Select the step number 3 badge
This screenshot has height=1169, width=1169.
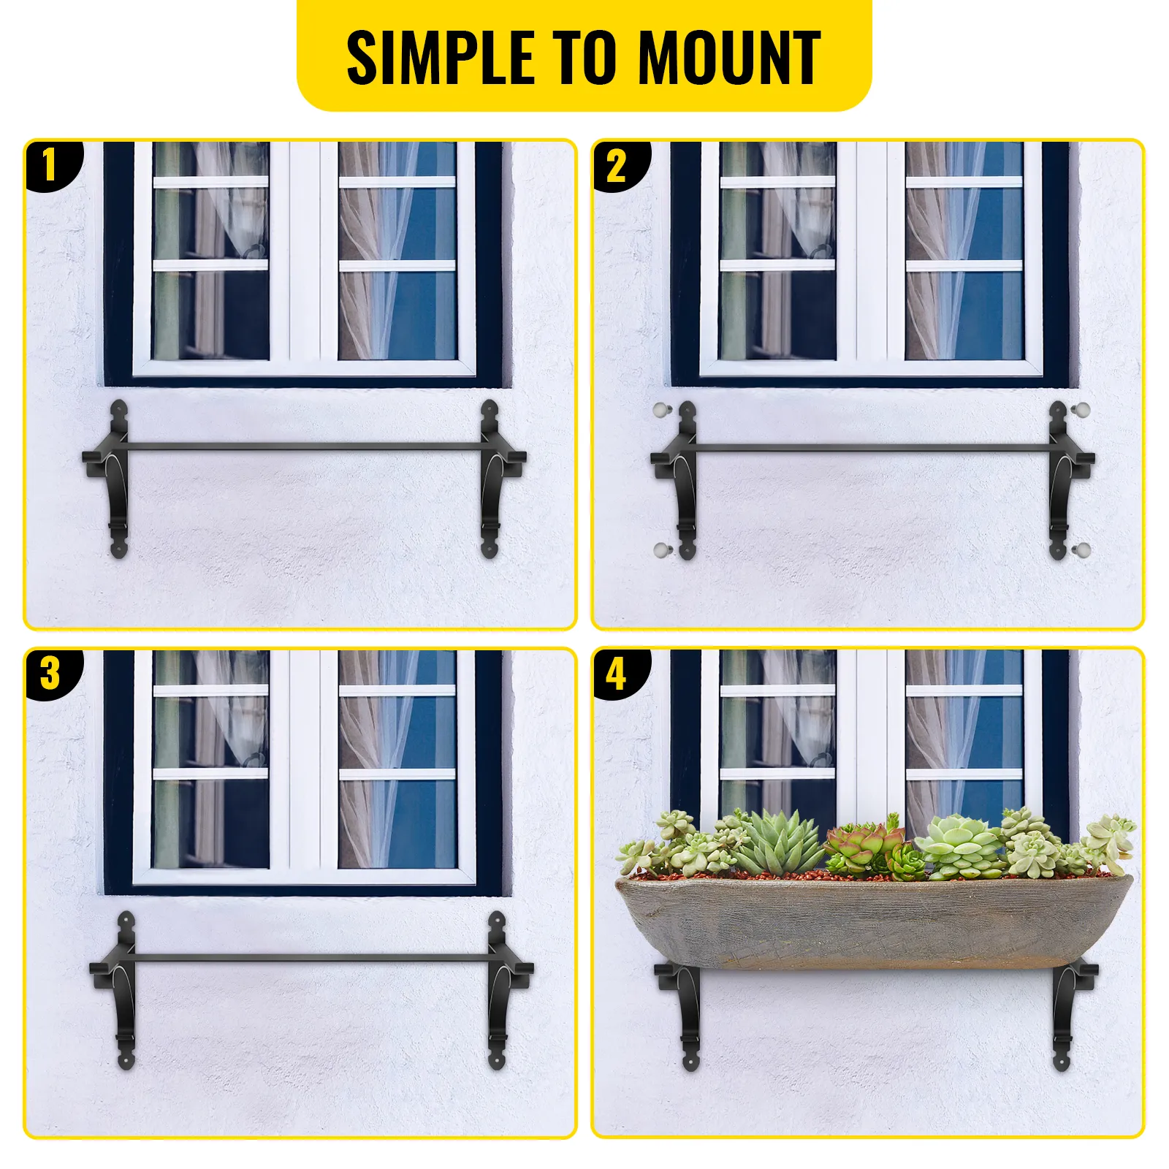(x=50, y=673)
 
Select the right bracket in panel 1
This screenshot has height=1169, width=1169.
(x=493, y=479)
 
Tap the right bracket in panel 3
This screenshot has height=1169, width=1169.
(x=500, y=990)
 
